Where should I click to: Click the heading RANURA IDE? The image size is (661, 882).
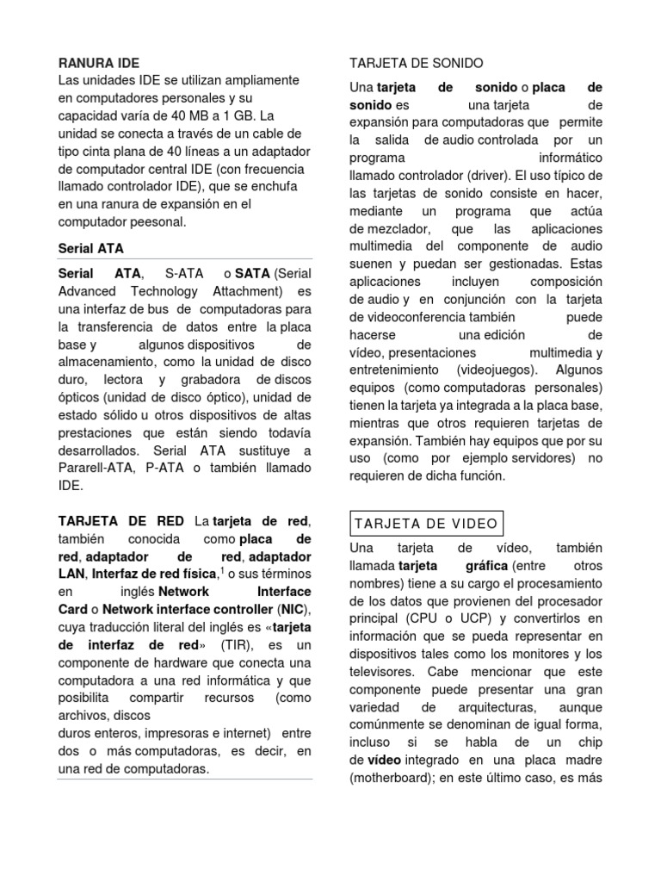pos(98,63)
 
